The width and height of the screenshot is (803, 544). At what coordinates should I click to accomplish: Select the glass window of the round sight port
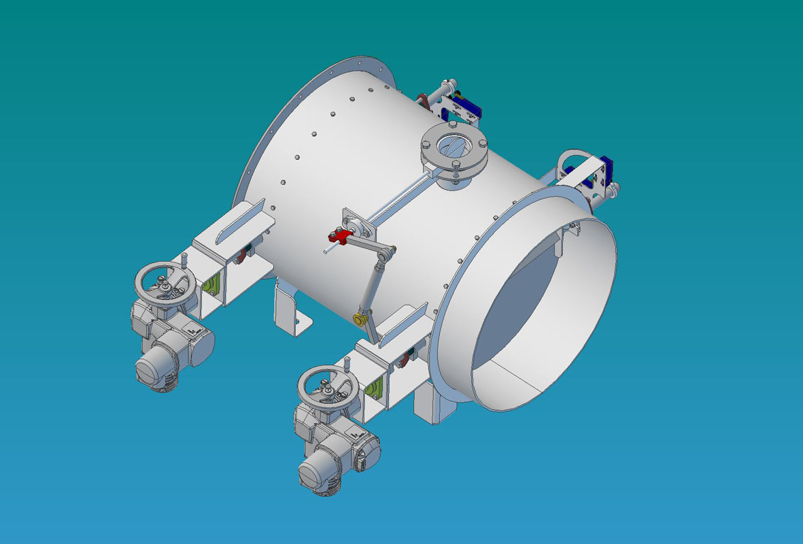click(x=452, y=146)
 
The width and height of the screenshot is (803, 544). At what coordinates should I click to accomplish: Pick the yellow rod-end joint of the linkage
click(x=359, y=318)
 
